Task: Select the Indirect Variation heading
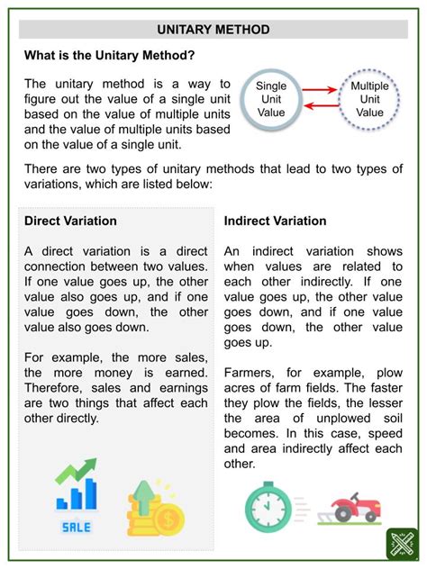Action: (275, 221)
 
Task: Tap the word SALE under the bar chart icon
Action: (76, 528)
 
